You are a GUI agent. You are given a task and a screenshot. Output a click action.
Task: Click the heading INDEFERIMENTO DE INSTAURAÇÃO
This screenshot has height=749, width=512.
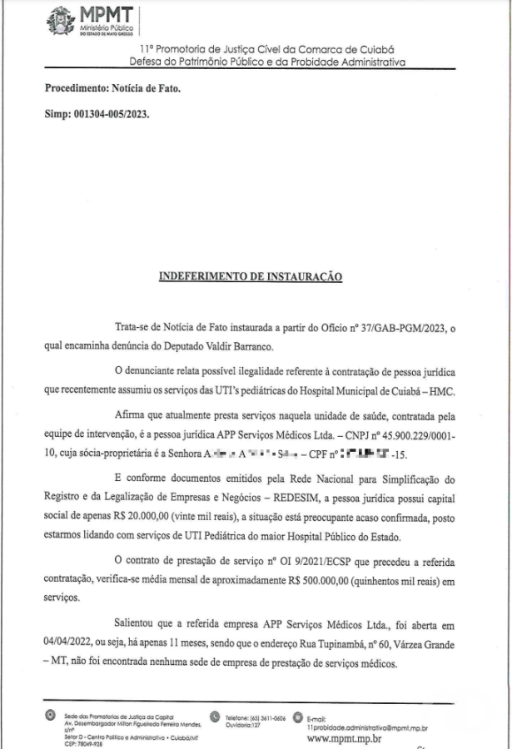[250, 275]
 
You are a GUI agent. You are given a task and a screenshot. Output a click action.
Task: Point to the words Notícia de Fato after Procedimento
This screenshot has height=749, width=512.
[146, 87]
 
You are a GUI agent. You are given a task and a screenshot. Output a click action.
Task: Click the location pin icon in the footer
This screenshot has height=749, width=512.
[51, 715]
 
